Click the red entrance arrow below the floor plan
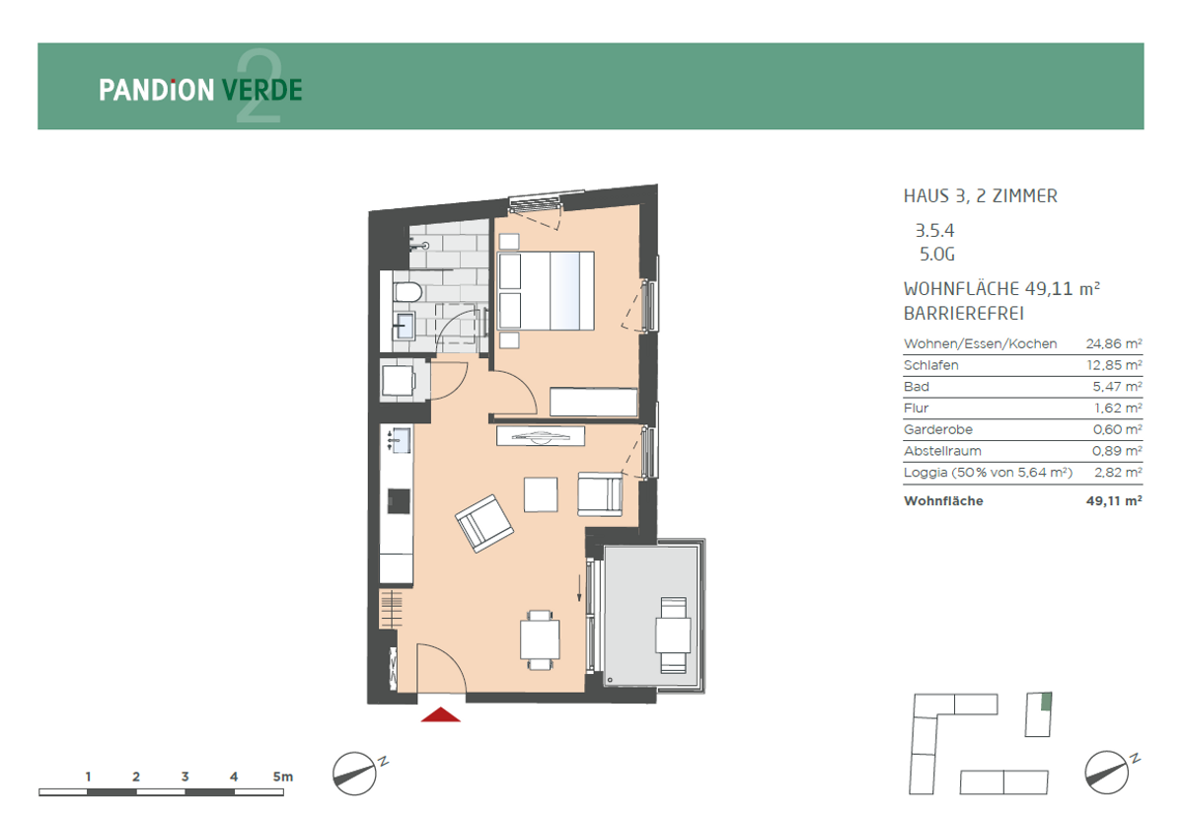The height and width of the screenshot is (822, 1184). point(440,714)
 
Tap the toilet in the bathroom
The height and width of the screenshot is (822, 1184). point(407,292)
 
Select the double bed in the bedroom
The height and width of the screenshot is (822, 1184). point(546,291)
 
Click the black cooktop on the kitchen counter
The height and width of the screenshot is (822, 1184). point(399,501)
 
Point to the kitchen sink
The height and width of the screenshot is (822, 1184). point(402,440)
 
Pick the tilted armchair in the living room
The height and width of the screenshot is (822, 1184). point(484,523)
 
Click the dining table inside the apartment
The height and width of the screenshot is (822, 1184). point(540,639)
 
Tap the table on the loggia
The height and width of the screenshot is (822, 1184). point(673,635)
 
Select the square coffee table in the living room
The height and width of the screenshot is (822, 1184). point(541,494)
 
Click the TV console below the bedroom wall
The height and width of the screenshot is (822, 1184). point(541,436)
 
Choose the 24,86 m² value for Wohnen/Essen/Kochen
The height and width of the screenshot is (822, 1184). point(1114,343)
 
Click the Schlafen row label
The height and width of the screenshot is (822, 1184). point(930,365)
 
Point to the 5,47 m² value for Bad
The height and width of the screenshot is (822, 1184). point(1117,387)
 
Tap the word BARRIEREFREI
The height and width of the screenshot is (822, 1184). point(964,314)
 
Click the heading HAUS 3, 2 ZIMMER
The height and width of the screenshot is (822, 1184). point(981,196)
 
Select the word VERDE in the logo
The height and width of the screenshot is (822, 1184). point(262,90)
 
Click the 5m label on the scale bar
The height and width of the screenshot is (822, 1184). point(283,777)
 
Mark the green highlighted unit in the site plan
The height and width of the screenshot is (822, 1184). point(1046,702)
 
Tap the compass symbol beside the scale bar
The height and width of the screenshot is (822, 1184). point(354,774)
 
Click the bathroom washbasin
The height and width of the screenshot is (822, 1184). point(405,326)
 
